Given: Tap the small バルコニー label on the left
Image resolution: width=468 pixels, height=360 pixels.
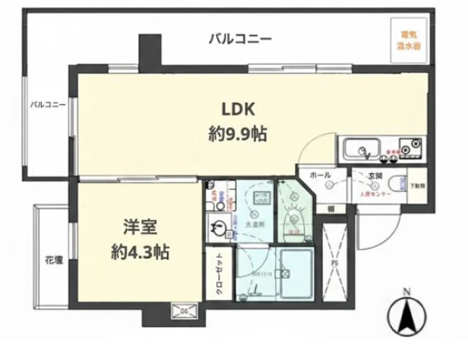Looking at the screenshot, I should (x=47, y=103).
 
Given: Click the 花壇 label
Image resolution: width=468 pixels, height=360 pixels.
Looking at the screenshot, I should (x=52, y=257).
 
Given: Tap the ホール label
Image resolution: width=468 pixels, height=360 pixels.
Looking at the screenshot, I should (x=321, y=175).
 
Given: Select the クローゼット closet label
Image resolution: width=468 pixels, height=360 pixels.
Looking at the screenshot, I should (x=219, y=270).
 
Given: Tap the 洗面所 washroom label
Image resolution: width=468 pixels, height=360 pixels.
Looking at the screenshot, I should (x=255, y=226).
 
